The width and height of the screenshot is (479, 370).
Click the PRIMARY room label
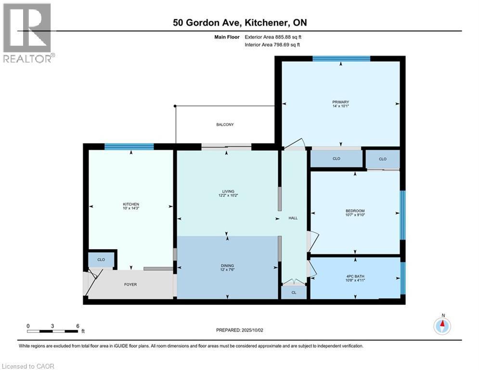[x=340, y=102]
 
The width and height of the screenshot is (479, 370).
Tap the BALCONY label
[x=224, y=125]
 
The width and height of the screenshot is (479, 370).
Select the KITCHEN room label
[x=130, y=204]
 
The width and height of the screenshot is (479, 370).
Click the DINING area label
[x=227, y=265]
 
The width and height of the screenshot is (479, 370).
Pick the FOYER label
[x=130, y=284]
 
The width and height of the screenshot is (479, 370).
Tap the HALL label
[x=293, y=218]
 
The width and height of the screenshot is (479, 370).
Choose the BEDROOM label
[x=355, y=211]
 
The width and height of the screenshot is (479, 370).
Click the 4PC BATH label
[x=355, y=277]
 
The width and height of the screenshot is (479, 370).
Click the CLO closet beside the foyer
[x=101, y=260]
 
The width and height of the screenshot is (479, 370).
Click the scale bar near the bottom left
[x=52, y=330]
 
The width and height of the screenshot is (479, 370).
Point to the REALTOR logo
[x=27, y=34]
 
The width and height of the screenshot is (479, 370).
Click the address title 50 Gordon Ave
[x=239, y=22]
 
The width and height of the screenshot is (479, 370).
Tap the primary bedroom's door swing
[x=295, y=143]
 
